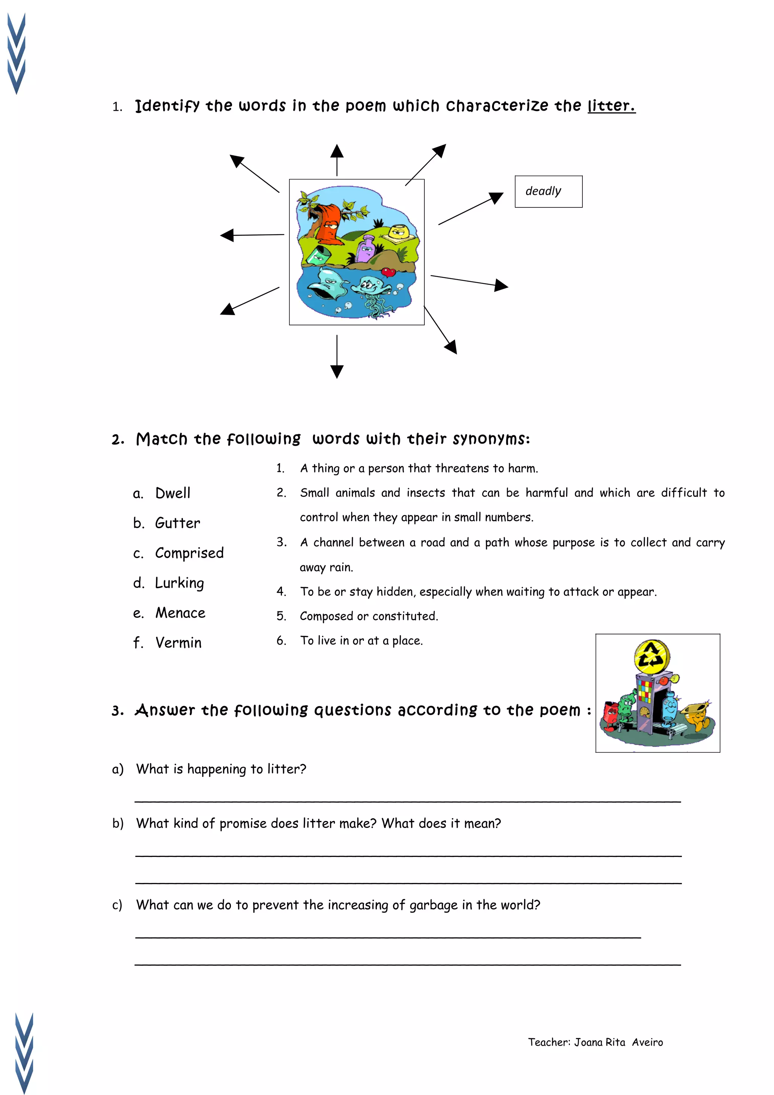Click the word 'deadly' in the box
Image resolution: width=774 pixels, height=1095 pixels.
[543, 191]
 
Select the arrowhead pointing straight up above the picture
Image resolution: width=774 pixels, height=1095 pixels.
[337, 152]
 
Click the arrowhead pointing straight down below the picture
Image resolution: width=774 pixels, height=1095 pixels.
[337, 371]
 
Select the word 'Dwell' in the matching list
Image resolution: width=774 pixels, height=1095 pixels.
[173, 493]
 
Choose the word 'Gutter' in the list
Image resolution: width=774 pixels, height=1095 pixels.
[177, 523]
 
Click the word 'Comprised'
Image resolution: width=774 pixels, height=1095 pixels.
[189, 553]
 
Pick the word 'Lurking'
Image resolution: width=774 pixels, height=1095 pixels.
[179, 583]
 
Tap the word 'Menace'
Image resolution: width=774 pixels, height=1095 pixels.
[180, 613]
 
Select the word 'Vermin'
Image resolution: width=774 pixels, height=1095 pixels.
[178, 643]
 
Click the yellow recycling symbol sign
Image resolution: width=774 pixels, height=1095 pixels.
[652, 657]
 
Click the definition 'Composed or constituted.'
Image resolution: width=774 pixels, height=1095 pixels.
[368, 616]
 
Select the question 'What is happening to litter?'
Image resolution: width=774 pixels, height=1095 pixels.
[221, 769]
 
